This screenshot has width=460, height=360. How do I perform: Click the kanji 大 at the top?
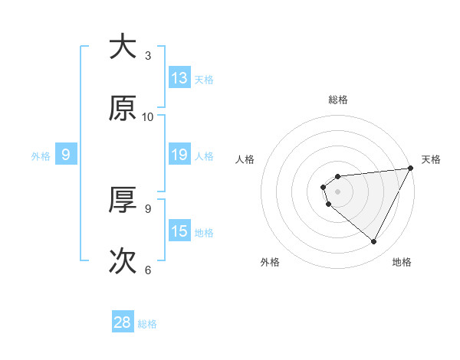pos(123,47)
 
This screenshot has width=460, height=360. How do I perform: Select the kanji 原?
pos(123,109)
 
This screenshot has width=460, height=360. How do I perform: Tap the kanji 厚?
pos(123,200)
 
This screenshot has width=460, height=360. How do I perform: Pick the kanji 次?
pos(123,261)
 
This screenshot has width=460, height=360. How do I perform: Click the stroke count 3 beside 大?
pos(148,56)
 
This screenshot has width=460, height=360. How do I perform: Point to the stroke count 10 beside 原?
pos(148,117)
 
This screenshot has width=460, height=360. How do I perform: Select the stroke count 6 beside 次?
pos(148,270)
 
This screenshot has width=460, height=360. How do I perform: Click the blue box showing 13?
pos(179,78)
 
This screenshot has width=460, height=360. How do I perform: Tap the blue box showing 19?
pos(179,155)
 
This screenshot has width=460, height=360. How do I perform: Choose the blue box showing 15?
pos(179,231)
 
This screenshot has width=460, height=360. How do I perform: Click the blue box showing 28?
pos(123,322)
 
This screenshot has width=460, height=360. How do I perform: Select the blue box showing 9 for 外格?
pos(66,155)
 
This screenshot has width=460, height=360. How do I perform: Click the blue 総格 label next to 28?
pos(147,324)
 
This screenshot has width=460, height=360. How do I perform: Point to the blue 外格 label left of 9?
pos(41,155)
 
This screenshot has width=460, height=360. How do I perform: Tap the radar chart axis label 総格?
pos(338,100)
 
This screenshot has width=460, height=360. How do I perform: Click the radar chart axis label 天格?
pos(431,159)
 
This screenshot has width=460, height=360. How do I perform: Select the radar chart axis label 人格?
pos(245,159)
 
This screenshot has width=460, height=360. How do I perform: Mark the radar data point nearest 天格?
pos(410,169)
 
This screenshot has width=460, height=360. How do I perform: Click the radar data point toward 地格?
pos(374,242)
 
